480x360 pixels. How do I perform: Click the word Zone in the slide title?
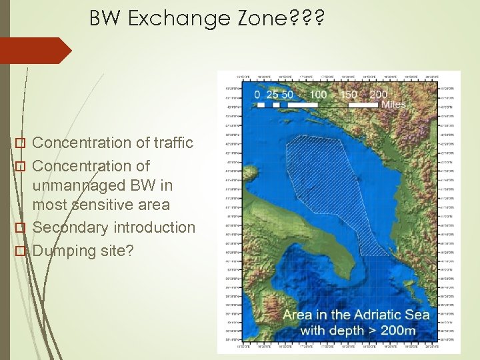(x=256, y=19)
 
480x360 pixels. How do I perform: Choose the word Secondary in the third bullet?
(x=71, y=227)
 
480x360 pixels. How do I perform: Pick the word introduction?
(x=155, y=227)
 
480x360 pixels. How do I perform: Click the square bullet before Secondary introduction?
(x=21, y=228)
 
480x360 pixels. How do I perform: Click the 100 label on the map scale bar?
(x=318, y=95)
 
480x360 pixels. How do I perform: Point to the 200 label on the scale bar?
(x=378, y=95)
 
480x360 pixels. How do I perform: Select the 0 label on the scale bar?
(x=257, y=95)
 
